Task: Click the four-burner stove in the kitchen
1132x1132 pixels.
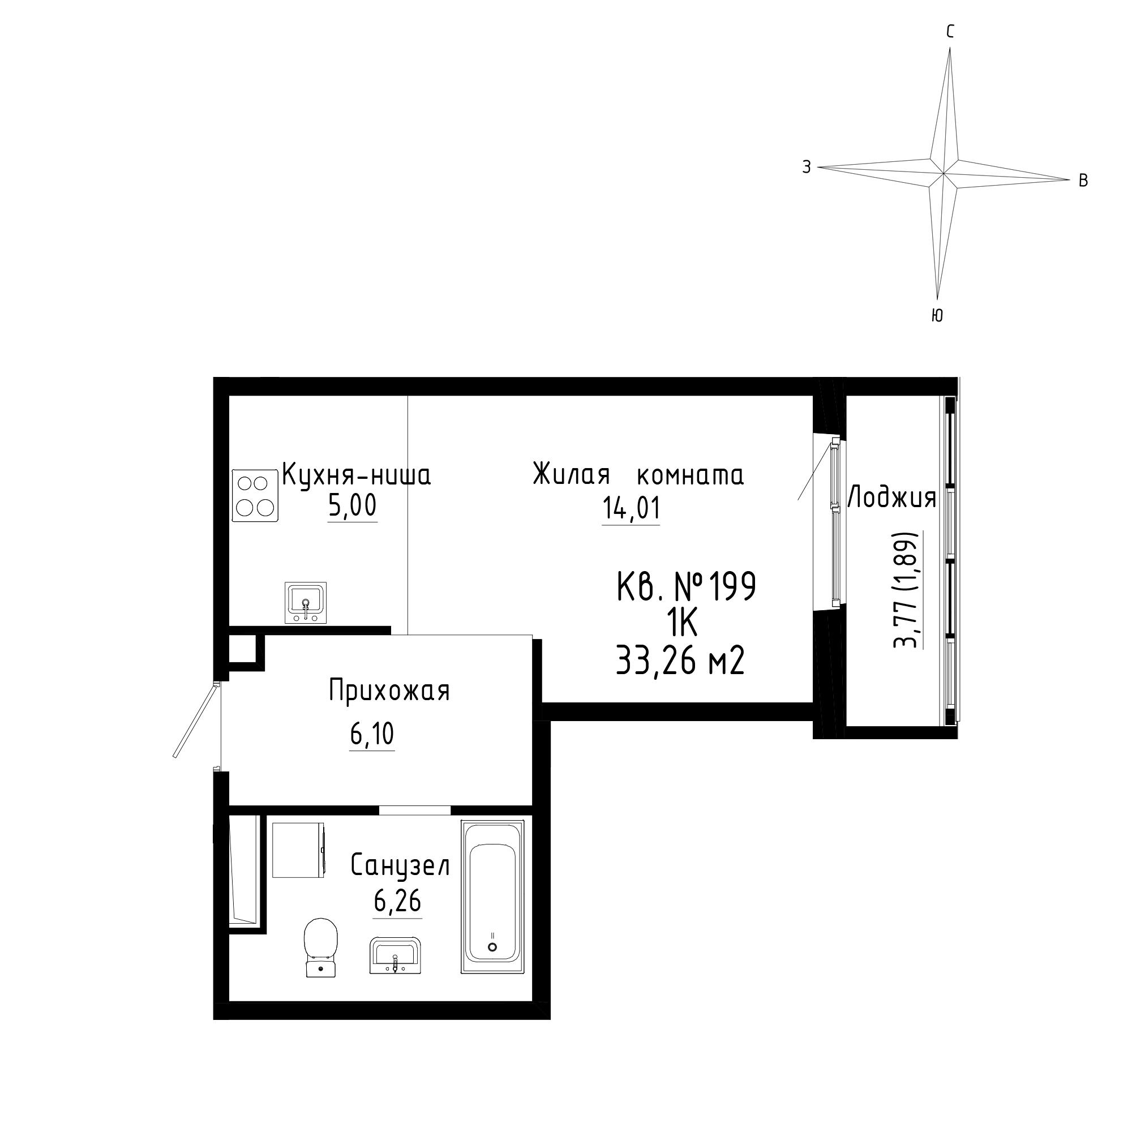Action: click(x=254, y=495)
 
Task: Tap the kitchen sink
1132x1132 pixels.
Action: click(x=305, y=602)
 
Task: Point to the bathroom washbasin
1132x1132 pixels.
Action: click(x=395, y=955)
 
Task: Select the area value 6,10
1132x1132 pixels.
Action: click(x=372, y=734)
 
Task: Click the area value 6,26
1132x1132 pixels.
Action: click(x=397, y=901)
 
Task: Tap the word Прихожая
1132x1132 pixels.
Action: click(x=389, y=690)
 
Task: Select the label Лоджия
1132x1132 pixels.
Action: click(x=892, y=498)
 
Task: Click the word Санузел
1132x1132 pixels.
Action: click(x=400, y=865)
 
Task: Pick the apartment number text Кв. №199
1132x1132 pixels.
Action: click(x=687, y=586)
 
